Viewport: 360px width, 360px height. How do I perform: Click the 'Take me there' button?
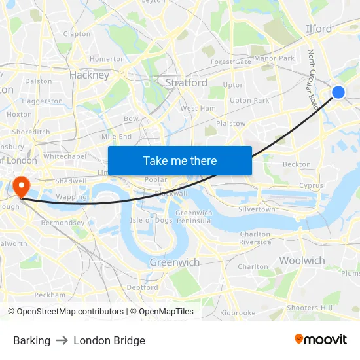[x=179, y=160]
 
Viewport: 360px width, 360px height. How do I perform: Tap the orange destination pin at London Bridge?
[x=21, y=185]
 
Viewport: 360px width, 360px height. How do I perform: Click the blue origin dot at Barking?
[x=338, y=92]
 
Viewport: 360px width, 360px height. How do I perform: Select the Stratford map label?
[x=186, y=82]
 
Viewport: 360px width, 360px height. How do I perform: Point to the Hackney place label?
[x=89, y=75]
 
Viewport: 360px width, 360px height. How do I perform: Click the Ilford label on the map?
[x=319, y=29]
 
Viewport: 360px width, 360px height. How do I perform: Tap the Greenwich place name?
[x=174, y=262]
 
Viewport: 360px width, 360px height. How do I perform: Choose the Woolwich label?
[x=302, y=261]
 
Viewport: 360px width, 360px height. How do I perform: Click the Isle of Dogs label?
[x=151, y=220]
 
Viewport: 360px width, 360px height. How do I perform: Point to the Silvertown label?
[x=257, y=209]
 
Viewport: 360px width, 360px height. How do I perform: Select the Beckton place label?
[x=297, y=165]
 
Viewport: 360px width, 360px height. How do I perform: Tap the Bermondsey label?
[x=60, y=223]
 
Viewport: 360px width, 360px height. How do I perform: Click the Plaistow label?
[x=230, y=123]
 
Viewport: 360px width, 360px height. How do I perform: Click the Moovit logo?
[x=321, y=340]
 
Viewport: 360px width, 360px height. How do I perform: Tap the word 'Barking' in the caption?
[x=31, y=340]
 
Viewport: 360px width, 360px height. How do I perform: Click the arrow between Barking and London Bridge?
[x=62, y=340]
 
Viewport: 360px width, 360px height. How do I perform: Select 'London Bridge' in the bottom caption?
[x=109, y=340]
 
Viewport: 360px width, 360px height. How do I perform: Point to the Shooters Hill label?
[x=310, y=308]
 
